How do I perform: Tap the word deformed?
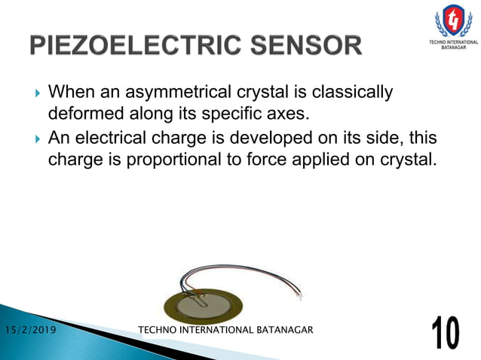(x=82, y=115)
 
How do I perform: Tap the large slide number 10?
(x=447, y=332)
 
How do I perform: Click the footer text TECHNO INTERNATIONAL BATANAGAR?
(x=226, y=330)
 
